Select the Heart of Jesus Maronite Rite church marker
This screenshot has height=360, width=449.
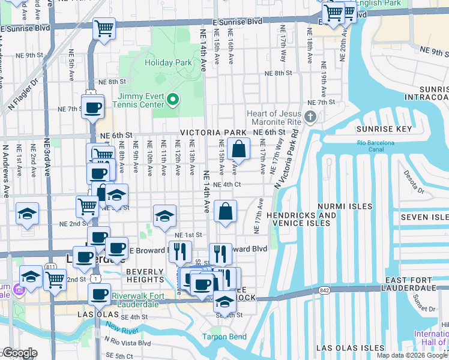(310, 116)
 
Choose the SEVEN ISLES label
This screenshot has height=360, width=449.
(424, 216)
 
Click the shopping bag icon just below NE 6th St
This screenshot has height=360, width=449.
(238, 149)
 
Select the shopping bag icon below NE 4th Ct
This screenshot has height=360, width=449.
(225, 211)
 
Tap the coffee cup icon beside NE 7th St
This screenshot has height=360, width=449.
(92, 108)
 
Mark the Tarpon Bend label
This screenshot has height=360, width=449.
(224, 337)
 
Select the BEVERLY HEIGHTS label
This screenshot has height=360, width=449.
(145, 275)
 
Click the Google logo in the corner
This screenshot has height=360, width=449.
(19, 353)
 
